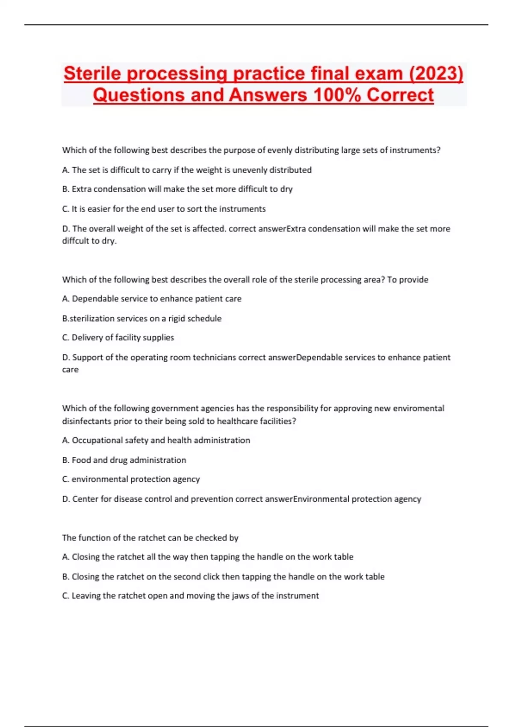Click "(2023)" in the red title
pos(436,74)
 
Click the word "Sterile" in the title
pos(92,74)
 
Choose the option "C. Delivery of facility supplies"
pos(118,337)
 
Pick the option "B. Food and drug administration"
pos(124,460)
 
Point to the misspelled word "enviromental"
pos(419,408)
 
